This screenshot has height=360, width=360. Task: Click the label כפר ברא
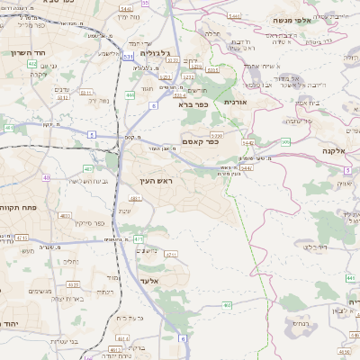pos(191,104)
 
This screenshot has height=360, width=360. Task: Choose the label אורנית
pos(236,103)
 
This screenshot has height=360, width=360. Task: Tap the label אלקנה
pos(334,151)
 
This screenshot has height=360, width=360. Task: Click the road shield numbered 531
pos(129,56)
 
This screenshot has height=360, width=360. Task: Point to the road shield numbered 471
pos(138,238)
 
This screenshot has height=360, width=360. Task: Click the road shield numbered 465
pos(225,306)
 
